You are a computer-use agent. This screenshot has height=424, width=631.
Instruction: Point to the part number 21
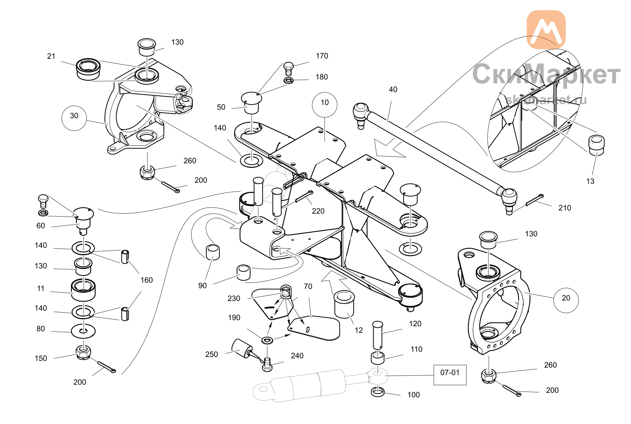[51, 56]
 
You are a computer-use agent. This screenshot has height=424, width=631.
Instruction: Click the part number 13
[590, 181]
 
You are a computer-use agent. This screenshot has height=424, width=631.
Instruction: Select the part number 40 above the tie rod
[393, 90]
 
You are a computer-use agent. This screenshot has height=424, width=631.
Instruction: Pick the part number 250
[211, 354]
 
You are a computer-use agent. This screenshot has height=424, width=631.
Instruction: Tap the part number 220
[318, 211]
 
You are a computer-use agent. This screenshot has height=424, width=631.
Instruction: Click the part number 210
[565, 208]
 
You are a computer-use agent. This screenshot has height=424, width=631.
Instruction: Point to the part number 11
[41, 288]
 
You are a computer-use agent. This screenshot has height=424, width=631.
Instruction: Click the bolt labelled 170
[288, 69]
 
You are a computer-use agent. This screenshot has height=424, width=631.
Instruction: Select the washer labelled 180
[289, 80]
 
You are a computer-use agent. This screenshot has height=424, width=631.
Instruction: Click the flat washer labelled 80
[83, 331]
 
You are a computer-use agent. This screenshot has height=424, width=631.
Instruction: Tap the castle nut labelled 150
[84, 352]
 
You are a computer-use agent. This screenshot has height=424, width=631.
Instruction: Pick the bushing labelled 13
[596, 145]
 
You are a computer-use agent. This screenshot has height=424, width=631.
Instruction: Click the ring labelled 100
[378, 392]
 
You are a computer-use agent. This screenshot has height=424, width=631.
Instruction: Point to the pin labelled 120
[378, 336]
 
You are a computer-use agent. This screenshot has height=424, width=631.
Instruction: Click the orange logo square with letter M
[546, 30]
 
